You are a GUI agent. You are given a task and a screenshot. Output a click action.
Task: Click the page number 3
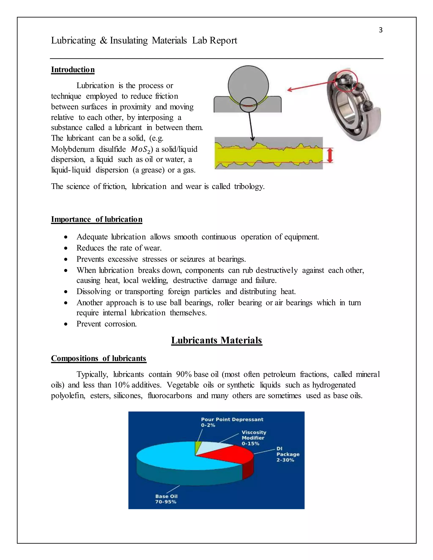380,30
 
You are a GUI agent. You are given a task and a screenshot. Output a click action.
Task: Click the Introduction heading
73,70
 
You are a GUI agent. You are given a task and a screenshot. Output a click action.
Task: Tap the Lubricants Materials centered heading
216,340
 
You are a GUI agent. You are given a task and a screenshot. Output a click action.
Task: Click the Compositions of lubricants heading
99,358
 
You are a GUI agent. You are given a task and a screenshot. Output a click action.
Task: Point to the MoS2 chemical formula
141,149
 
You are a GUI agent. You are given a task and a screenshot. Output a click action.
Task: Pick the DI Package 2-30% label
288,454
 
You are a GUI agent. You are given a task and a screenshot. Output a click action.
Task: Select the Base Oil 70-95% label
166,499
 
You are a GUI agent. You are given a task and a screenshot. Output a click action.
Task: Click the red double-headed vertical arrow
330,155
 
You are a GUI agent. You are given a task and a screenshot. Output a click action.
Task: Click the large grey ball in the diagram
248,85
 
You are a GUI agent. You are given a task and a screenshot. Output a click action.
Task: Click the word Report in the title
223,41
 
